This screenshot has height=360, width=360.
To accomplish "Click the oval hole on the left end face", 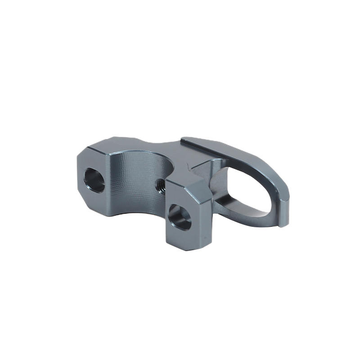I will (x=94, y=180).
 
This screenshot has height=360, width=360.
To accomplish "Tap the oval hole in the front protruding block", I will (x=180, y=217).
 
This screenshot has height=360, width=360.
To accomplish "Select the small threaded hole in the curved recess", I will (x=160, y=184).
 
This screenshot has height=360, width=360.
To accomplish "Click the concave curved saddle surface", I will (x=135, y=180).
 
